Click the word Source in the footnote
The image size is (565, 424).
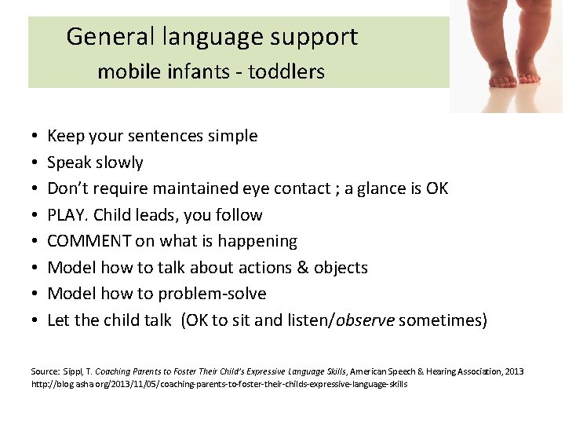pyautogui.click(x=44, y=371)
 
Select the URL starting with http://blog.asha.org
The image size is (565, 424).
pyautogui.click(x=219, y=385)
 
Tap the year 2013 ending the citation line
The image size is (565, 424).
pyautogui.click(x=514, y=371)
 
